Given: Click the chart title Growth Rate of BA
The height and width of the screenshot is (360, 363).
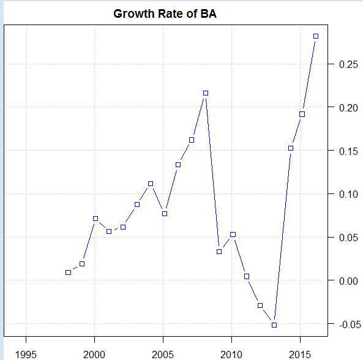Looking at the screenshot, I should point(165,13).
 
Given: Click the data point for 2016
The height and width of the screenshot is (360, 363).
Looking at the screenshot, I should point(316,36).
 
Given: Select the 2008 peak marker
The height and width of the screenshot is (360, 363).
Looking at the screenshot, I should point(206,93).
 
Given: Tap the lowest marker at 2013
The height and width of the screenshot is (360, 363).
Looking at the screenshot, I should point(274,324).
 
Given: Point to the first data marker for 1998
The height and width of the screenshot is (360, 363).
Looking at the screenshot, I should point(68,272).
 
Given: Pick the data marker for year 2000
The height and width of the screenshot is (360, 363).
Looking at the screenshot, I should point(95,219).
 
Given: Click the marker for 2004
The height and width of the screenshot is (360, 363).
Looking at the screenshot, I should point(151,184).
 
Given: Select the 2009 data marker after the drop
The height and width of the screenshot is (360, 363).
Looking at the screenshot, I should point(219,252).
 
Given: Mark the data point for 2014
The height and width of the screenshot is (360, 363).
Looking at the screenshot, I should point(291,148).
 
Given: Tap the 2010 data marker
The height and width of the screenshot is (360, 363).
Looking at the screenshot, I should point(233,234).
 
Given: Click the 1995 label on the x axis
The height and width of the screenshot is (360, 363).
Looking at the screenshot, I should point(26,354).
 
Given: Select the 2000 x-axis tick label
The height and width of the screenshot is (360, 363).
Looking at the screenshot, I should point(95,354).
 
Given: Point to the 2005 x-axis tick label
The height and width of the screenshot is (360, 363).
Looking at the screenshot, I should point(163,354).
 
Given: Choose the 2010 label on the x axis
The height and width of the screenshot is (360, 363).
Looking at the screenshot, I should point(232,354).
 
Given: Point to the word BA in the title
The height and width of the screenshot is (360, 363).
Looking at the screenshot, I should point(209,13).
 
